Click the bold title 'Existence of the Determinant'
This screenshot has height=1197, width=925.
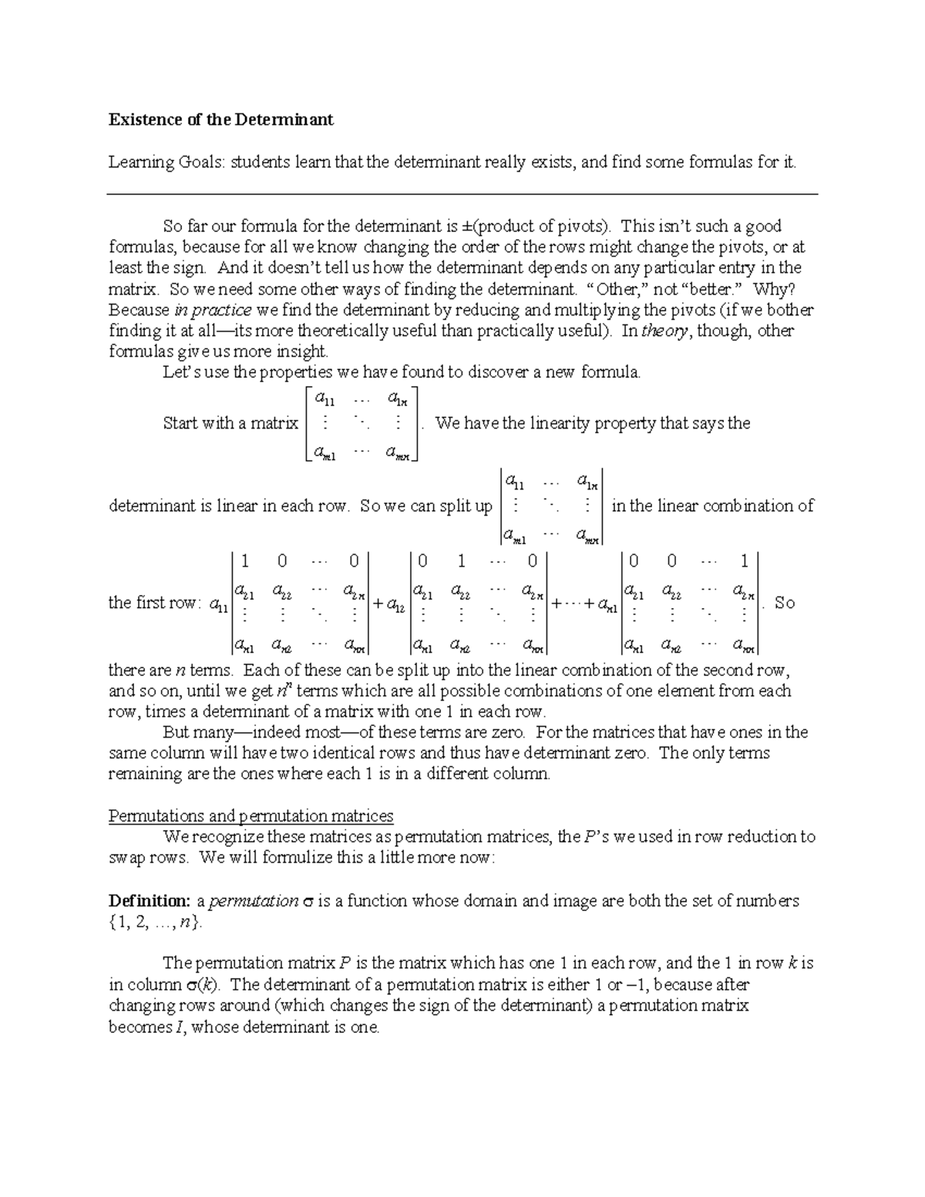(220, 119)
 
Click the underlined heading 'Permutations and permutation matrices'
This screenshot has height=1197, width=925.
(251, 815)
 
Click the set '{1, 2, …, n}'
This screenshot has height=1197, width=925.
(155, 922)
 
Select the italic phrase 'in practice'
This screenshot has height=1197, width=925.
(213, 310)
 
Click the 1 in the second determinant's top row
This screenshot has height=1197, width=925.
(460, 560)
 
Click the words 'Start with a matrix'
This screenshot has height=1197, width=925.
(230, 423)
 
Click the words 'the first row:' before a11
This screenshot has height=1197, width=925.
(154, 603)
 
